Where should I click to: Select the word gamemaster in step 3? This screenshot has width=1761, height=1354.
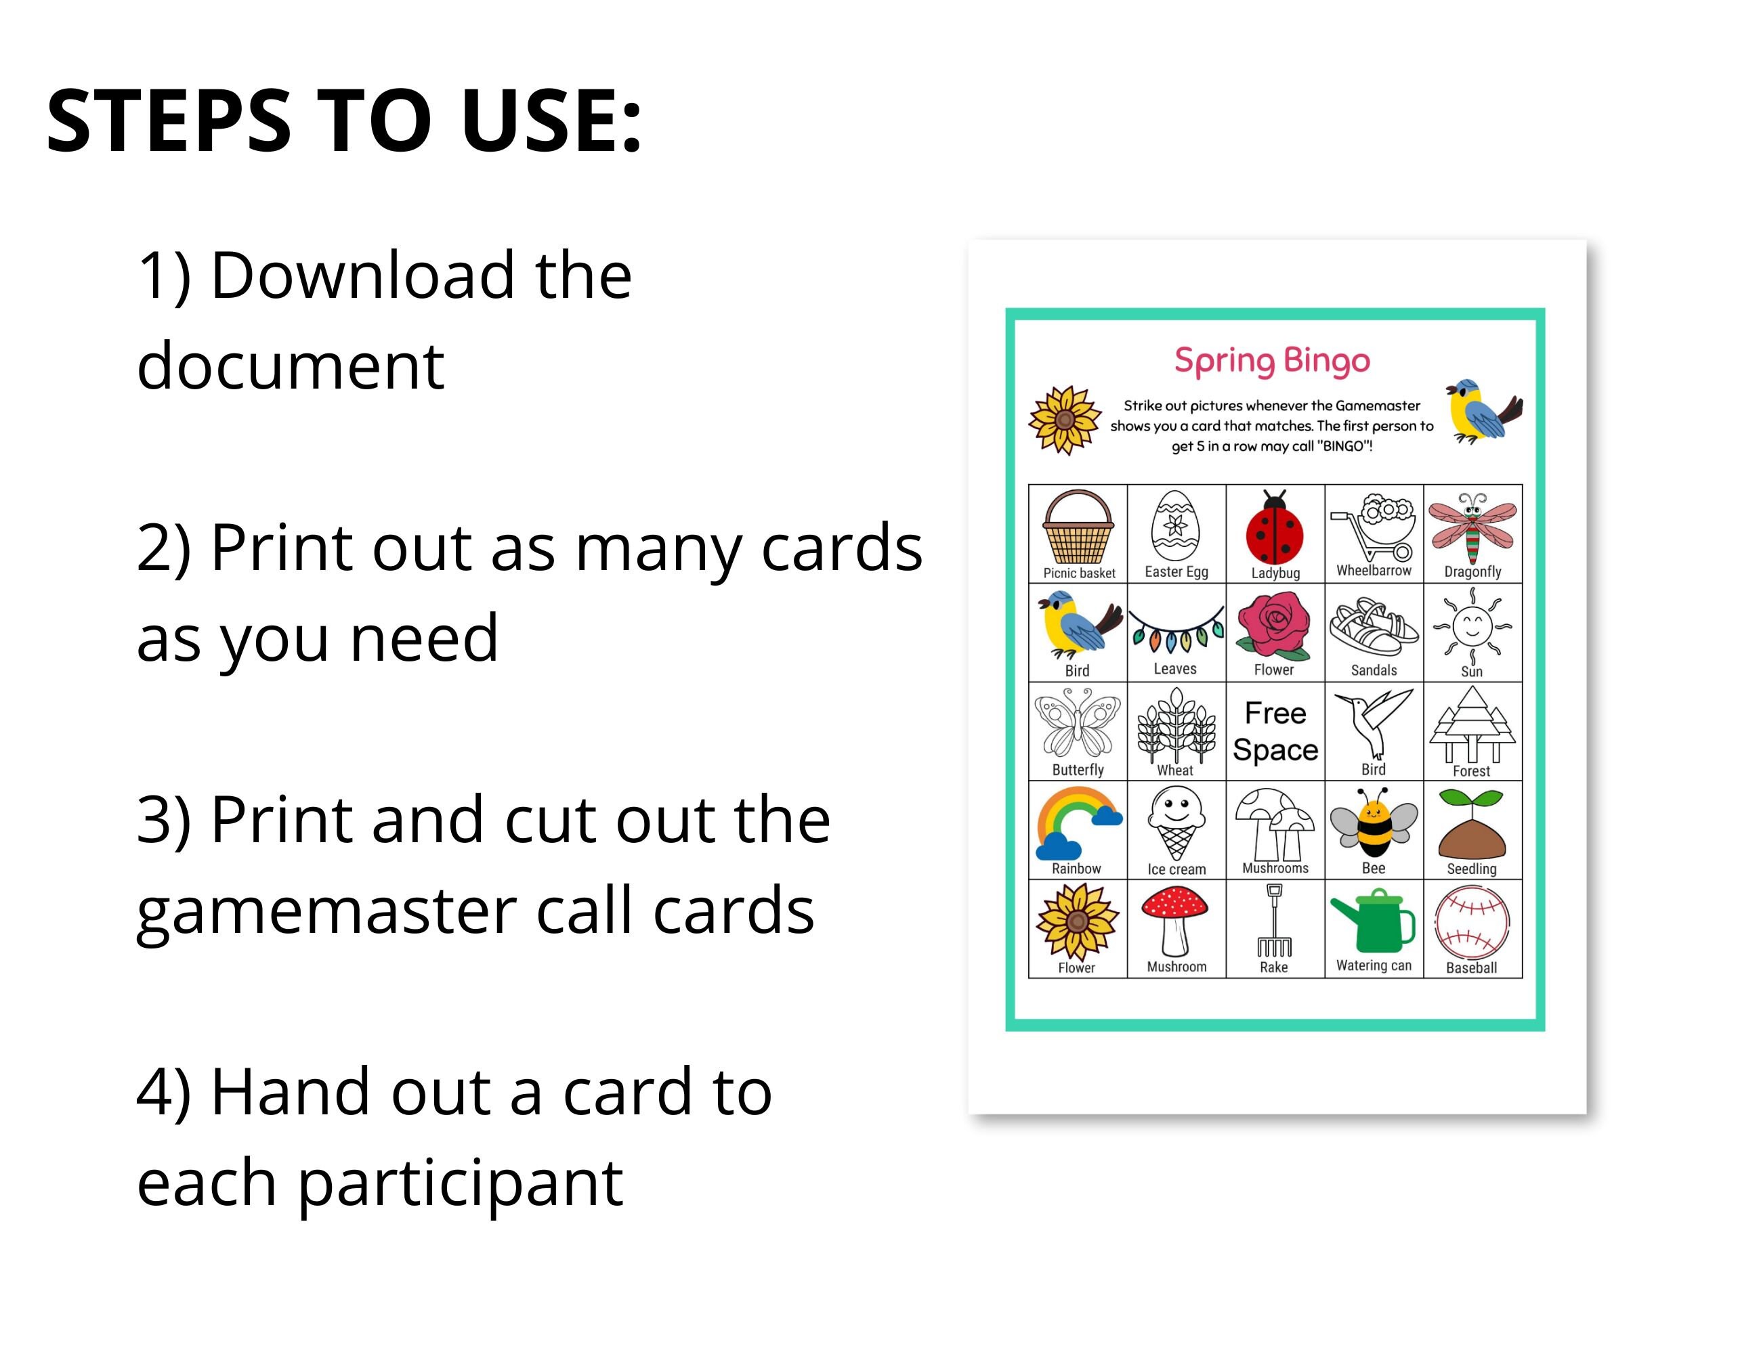326,911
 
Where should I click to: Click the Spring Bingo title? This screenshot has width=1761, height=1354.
1271,360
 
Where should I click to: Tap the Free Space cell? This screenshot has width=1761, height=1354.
1275,731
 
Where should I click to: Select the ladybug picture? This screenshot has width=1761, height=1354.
1275,529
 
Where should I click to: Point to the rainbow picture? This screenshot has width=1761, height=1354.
1077,824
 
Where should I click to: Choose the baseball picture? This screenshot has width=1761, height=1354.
1472,923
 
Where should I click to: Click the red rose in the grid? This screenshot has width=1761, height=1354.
1274,626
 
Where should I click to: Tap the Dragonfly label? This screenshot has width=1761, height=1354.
1472,571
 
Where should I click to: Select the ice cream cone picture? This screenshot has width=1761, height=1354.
1176,824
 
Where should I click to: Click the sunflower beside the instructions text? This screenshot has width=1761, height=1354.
1064,419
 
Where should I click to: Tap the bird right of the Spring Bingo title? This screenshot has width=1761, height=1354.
1482,411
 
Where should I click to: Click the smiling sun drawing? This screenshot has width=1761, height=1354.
1472,626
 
